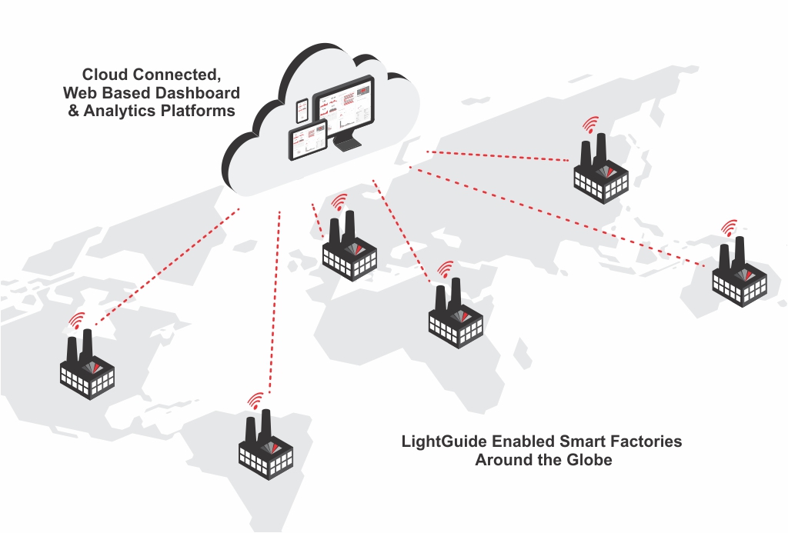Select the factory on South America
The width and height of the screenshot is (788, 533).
tap(265, 446)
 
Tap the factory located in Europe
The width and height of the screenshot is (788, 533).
tap(349, 248)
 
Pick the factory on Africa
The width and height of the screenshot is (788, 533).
tap(456, 317)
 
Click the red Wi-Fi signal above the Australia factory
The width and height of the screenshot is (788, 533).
tap(728, 228)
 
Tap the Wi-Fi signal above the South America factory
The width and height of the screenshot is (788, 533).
tap(255, 401)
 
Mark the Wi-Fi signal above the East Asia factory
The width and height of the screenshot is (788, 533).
tap(590, 125)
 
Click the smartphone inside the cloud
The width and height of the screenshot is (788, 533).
tap(302, 111)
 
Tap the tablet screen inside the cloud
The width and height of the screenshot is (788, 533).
tap(307, 144)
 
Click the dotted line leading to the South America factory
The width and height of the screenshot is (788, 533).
tap(275, 300)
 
